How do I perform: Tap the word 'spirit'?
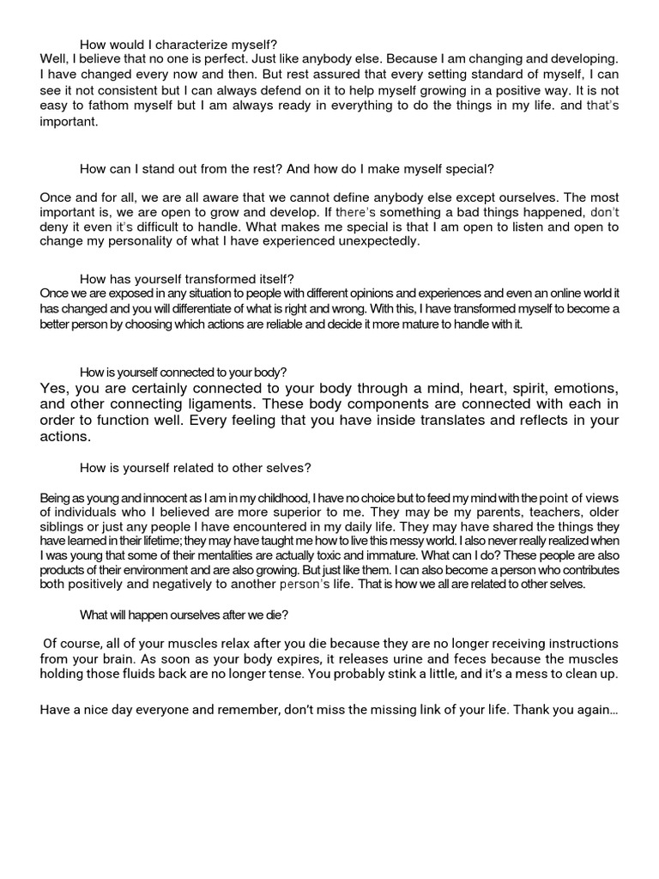click(x=478, y=387)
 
